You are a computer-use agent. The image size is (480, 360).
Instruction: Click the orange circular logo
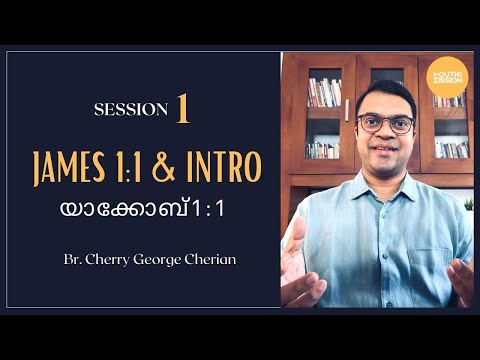445,77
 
